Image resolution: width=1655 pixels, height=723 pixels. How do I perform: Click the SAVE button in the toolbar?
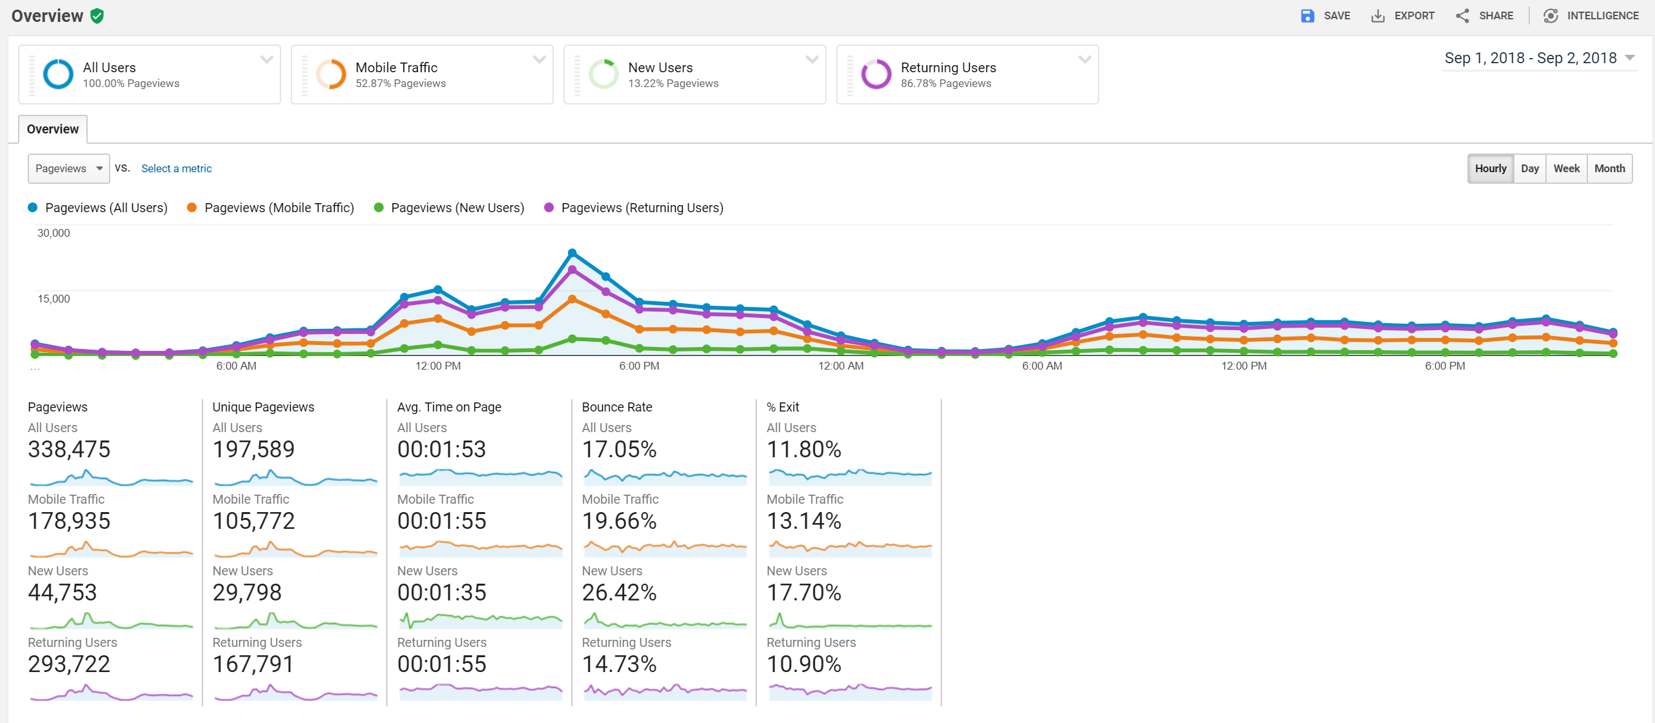coord(1326,15)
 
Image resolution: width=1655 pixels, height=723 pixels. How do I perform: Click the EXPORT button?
coord(1403,15)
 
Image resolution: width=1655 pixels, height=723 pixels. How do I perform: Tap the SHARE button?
coord(1485,15)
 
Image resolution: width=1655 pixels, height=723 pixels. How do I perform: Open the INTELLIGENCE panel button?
coord(1591,15)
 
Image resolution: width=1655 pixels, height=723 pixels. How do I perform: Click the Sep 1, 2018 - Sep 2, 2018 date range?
coord(1531,58)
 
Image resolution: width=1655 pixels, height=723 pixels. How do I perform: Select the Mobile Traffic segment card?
coord(422,74)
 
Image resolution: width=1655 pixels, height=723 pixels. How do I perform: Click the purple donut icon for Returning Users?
coord(876,74)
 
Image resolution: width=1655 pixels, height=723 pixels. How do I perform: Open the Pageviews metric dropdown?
coord(68,168)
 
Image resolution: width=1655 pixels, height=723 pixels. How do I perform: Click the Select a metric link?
coord(176,168)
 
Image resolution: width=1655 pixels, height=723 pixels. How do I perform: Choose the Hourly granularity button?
coord(1490,168)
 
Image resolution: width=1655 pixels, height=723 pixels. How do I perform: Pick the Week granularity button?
coord(1566,168)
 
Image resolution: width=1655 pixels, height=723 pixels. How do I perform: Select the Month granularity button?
coord(1609,168)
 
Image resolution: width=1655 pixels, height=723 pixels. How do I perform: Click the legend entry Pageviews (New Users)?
coord(456,208)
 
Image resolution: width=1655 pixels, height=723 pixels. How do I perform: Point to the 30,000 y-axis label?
coord(54,233)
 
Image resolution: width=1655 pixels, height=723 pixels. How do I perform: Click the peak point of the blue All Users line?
coord(572,253)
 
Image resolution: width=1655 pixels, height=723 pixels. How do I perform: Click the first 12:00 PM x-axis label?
coord(438,366)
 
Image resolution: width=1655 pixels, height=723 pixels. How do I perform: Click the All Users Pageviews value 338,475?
coord(69,450)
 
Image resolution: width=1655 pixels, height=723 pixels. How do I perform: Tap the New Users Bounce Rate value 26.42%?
coord(619,593)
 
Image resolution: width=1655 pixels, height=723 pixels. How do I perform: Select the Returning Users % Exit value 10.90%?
coord(803,664)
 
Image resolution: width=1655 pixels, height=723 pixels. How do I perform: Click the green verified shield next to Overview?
coord(97,16)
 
